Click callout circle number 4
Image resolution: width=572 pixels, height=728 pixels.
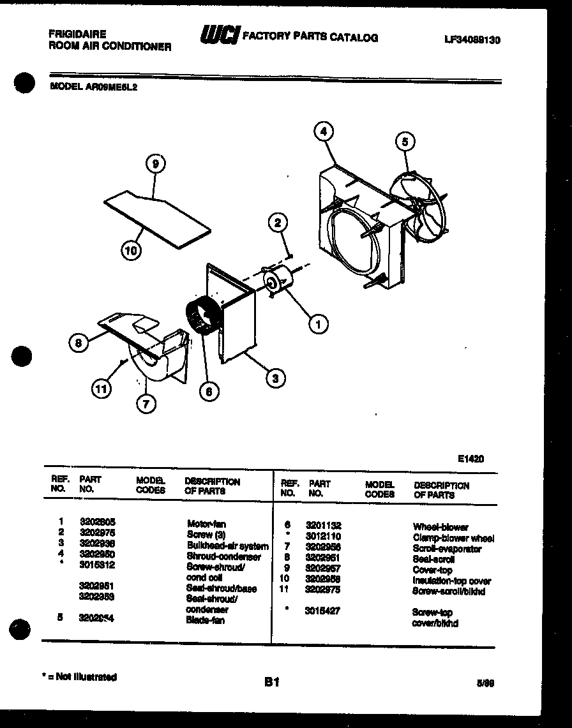click(324, 131)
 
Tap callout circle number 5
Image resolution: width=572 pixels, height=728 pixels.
click(405, 141)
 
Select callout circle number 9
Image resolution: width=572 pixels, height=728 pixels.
click(154, 164)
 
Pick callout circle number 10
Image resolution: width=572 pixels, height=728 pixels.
click(131, 251)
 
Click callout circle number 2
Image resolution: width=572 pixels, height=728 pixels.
click(277, 223)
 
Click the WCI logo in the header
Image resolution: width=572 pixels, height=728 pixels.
click(219, 36)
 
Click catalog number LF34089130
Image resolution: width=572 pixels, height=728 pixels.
click(472, 40)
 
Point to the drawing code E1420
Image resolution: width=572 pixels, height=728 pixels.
click(470, 458)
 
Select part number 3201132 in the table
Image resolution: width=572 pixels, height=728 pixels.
click(323, 525)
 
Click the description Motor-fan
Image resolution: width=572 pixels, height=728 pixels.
click(206, 524)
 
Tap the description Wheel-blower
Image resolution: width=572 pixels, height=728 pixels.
click(440, 527)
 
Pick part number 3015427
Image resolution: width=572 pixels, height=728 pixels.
click(322, 611)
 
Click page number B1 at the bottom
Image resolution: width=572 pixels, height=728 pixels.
click(272, 682)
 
